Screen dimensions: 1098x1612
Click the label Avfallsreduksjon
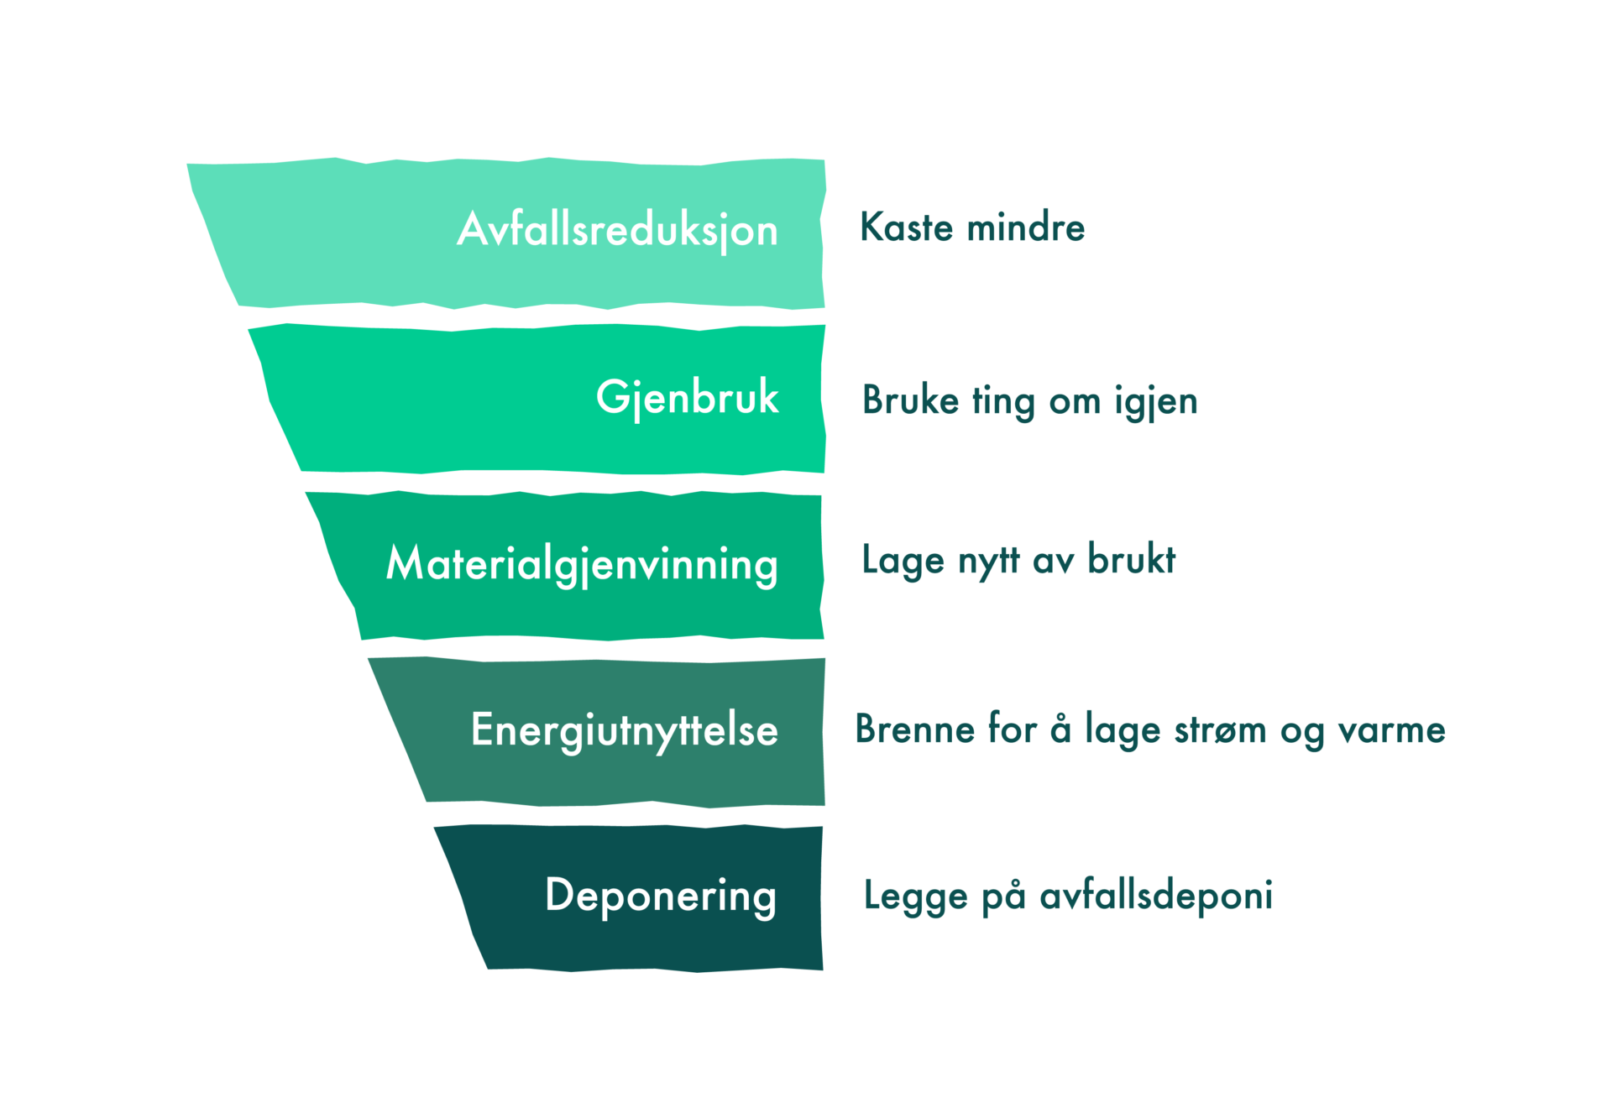[x=617, y=230]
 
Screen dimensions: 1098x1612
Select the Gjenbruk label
[x=687, y=397]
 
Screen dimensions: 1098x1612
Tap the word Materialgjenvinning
[x=582, y=563]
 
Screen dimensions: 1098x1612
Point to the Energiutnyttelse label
[x=625, y=729]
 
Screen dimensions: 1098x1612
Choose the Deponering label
[x=661, y=896]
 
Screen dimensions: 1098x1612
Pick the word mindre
[x=1026, y=227]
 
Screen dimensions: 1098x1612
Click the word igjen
[x=1156, y=401]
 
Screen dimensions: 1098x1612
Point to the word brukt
[x=1132, y=560]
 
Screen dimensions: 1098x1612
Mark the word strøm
[x=1220, y=729]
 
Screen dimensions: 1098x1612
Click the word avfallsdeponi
[x=1156, y=896]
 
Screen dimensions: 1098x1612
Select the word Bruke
[x=910, y=400]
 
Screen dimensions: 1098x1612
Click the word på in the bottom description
[x=1003, y=896]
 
